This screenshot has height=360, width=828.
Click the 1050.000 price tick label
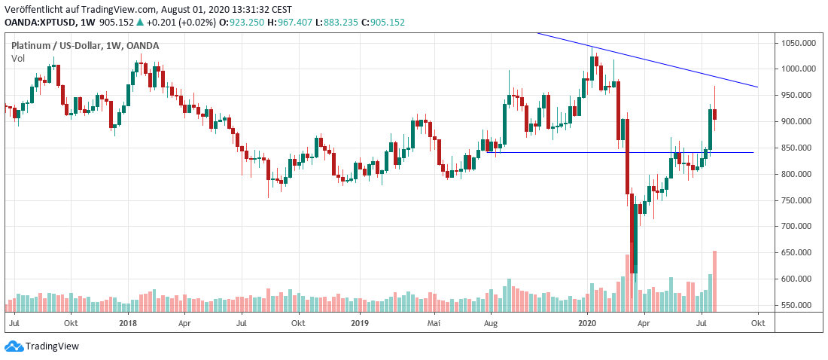pyautogui.click(x=797, y=43)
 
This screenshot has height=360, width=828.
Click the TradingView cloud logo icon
pyautogui.click(x=14, y=346)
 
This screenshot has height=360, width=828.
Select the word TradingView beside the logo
pyautogui.click(x=52, y=346)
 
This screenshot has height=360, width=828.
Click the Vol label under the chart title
pyautogui.click(x=17, y=58)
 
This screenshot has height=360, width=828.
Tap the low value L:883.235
pyautogui.click(x=334, y=23)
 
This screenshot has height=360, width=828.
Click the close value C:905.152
pyautogui.click(x=383, y=23)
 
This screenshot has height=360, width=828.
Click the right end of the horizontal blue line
pyautogui.click(x=753, y=152)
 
